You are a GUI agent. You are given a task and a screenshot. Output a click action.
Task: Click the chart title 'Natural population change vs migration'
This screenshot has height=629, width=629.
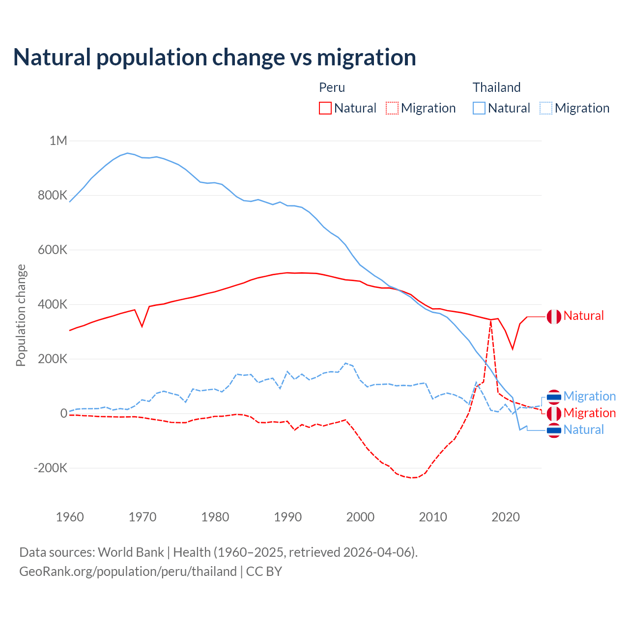pyautogui.click(x=214, y=57)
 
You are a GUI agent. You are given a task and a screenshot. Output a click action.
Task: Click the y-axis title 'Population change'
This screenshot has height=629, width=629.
pyautogui.click(x=21, y=315)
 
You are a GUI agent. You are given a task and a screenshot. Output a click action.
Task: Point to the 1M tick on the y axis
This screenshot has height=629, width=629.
pyautogui.click(x=58, y=141)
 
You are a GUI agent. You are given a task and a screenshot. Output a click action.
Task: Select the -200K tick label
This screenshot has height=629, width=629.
pyautogui.click(x=50, y=468)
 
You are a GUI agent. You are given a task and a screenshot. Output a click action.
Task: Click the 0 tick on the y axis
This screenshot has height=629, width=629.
pyautogui.click(x=64, y=413)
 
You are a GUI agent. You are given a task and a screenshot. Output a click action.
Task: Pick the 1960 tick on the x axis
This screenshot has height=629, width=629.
pyautogui.click(x=70, y=517)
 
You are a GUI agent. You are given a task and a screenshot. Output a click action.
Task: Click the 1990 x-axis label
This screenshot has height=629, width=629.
pyautogui.click(x=287, y=517)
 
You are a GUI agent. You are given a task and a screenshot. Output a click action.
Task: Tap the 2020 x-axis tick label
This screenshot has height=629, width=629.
pyautogui.click(x=505, y=517)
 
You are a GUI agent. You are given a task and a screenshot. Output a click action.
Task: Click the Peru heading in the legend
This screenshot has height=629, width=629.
pyautogui.click(x=332, y=87)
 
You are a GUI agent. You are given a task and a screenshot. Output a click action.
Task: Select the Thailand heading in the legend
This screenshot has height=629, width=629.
pyautogui.click(x=496, y=87)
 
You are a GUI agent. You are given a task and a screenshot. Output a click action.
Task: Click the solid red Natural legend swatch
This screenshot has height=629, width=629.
pyautogui.click(x=325, y=108)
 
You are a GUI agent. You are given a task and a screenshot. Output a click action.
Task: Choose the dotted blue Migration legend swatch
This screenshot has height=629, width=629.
pyautogui.click(x=546, y=108)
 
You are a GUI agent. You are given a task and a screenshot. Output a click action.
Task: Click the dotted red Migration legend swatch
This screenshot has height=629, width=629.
pyautogui.click(x=392, y=108)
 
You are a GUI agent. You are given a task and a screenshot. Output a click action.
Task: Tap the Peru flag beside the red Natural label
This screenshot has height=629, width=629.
pyautogui.click(x=554, y=316)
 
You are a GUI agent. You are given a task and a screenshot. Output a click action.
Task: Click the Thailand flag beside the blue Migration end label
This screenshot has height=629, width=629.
pyautogui.click(x=554, y=397)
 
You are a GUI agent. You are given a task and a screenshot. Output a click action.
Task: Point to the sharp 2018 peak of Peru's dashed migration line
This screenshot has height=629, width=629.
pyautogui.click(x=490, y=320)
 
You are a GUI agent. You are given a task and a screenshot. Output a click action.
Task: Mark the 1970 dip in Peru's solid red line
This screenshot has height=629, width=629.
pyautogui.click(x=142, y=326)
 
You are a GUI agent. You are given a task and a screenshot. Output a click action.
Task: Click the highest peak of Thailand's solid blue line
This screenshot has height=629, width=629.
pyautogui.click(x=128, y=153)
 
